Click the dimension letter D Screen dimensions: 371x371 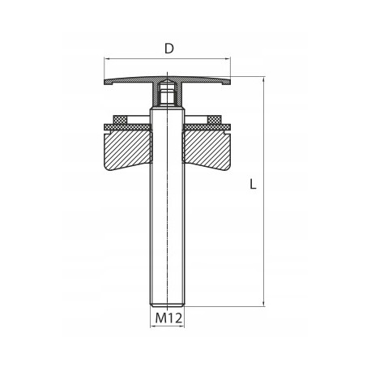click(169, 49)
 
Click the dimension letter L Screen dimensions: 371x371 click(253, 184)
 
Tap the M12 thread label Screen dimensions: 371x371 click(168, 318)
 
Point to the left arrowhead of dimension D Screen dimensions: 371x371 click(107, 59)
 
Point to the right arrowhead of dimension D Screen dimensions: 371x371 click(228, 59)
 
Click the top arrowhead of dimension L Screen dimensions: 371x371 click(263, 79)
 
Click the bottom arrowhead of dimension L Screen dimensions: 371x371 click(263, 304)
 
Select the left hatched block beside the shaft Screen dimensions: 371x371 click(127, 149)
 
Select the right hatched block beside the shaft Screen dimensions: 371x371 click(207, 149)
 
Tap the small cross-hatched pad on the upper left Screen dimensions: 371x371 click(120, 119)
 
